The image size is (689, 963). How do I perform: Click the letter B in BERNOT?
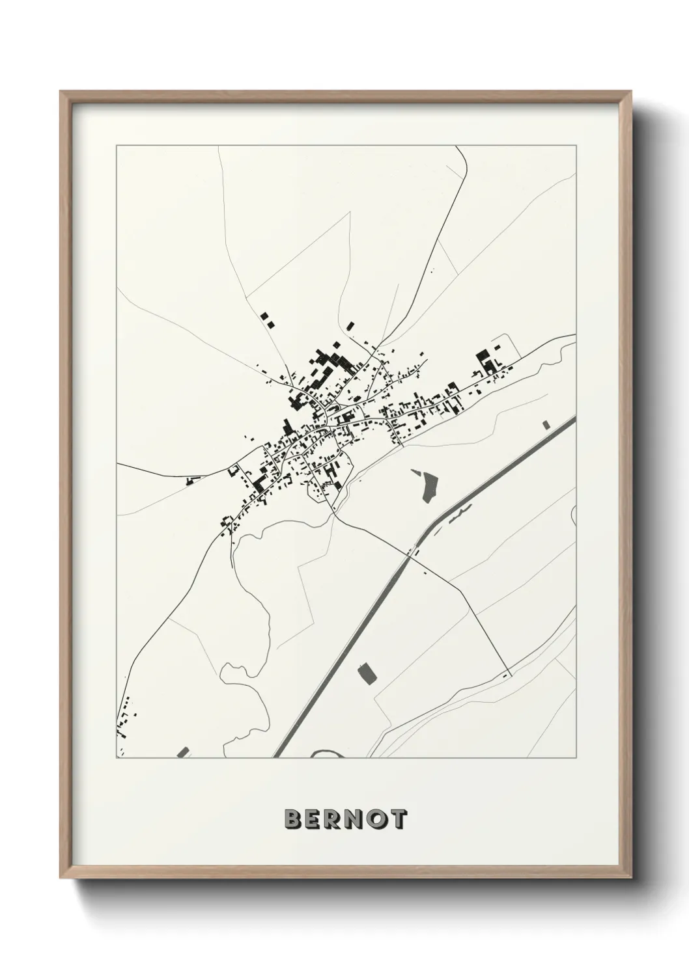(x=293, y=820)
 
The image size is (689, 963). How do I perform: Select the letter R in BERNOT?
(x=335, y=820)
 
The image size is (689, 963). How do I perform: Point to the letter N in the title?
(x=356, y=820)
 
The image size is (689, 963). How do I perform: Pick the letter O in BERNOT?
(x=378, y=820)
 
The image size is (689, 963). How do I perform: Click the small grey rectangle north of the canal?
(x=546, y=424)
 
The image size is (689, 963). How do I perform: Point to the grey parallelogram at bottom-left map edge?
(x=183, y=752)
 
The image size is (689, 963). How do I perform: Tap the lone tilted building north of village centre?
(x=350, y=325)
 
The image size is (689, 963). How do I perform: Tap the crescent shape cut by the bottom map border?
(x=326, y=754)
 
